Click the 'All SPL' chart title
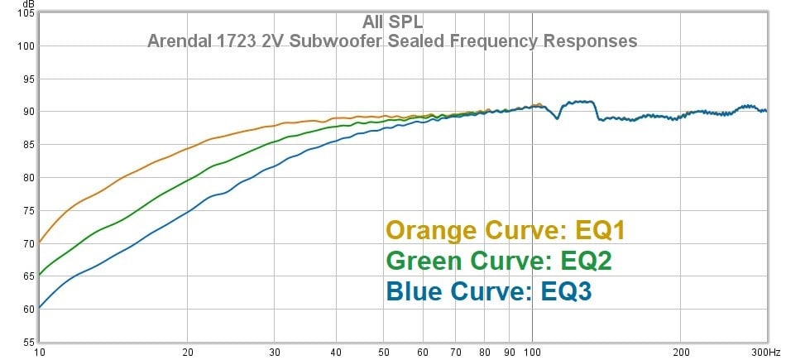tap(392, 22)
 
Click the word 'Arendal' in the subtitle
tap(180, 41)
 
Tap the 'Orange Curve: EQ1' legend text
tap(506, 231)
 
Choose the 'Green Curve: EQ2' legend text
tap(499, 262)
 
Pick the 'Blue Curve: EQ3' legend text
tap(489, 291)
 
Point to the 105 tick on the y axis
tap(27, 13)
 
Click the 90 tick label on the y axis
tap(30, 111)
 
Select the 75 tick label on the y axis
tap(30, 210)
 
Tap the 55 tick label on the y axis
tap(30, 343)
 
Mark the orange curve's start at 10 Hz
tap(40, 242)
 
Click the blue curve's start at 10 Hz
tap(40, 307)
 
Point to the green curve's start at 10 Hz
tap(40, 275)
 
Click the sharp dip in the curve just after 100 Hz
tap(558, 118)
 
